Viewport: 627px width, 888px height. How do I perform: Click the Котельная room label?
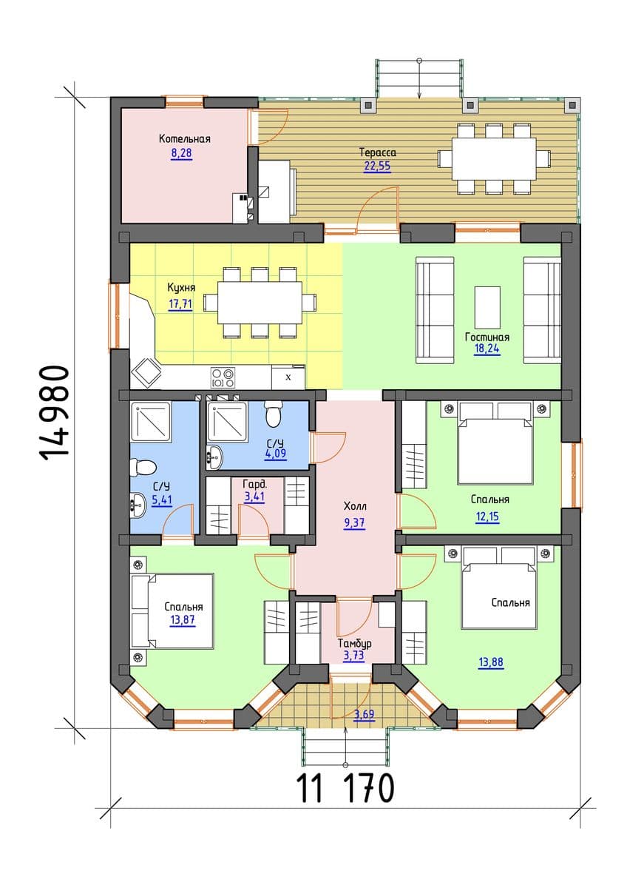[x=185, y=139]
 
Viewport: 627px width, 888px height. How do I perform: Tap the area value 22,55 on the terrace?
[x=377, y=166]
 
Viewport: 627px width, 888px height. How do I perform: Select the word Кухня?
[x=181, y=287]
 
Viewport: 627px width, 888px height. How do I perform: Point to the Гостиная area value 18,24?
[x=487, y=349]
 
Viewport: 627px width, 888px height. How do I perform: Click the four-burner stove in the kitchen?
[x=223, y=378]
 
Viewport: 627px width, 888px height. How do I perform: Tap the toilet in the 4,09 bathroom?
[x=272, y=413]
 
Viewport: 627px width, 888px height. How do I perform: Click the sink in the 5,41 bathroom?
[x=137, y=505]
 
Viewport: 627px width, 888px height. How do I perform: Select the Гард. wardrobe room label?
[x=254, y=485]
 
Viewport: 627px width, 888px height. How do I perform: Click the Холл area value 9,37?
[x=354, y=523]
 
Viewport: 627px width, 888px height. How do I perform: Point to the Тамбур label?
[x=354, y=643]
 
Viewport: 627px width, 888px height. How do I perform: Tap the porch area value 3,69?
[x=364, y=714]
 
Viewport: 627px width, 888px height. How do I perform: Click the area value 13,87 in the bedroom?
[x=182, y=619]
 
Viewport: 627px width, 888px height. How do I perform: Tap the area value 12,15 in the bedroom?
[x=487, y=517]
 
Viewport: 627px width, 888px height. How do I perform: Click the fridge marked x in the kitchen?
[x=288, y=377]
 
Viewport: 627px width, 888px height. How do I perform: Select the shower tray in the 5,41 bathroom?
[x=151, y=421]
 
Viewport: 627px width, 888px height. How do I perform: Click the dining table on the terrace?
[x=494, y=159]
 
